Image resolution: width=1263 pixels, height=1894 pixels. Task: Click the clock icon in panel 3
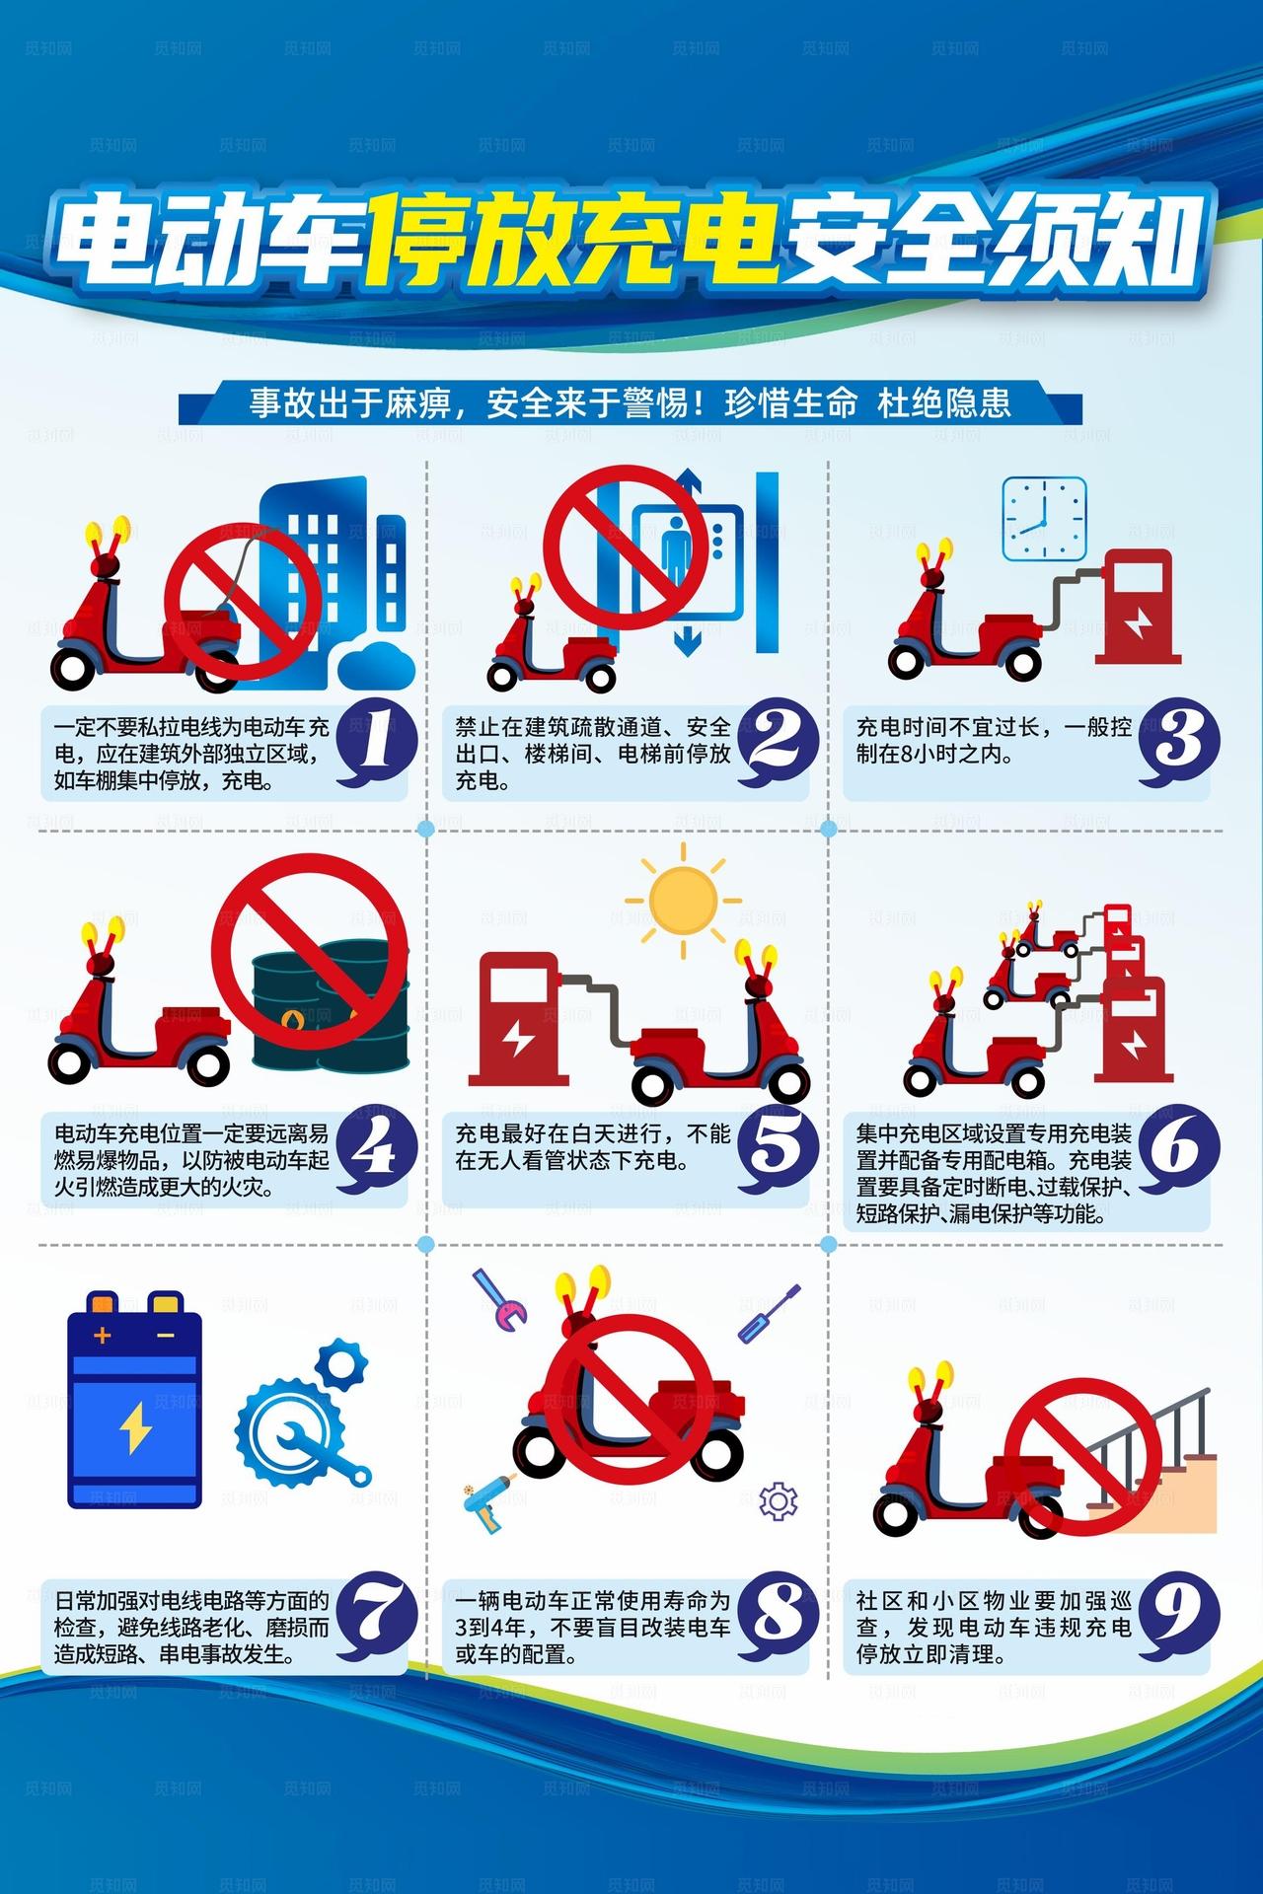coord(1044,519)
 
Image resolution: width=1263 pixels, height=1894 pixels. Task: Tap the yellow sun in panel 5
coord(683,898)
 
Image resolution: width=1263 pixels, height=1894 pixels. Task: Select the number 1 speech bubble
coord(376,744)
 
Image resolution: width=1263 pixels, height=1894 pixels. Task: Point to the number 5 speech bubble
coord(780,1150)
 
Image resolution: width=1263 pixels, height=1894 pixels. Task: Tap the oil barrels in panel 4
coord(331,1006)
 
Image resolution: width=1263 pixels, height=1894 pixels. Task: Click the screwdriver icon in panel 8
coord(770,1313)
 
